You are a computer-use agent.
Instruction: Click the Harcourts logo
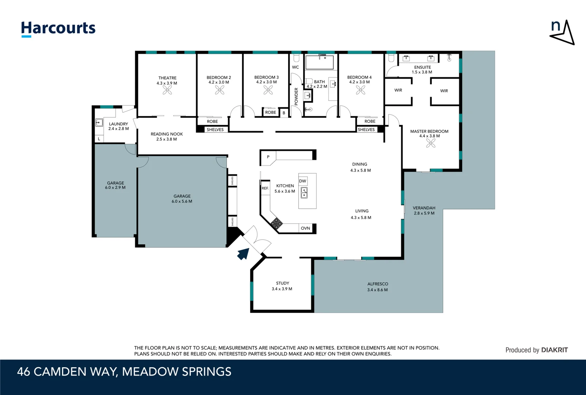pos(58,29)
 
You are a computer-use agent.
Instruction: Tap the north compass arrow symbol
pos(562,33)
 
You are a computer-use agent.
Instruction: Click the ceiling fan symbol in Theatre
pos(167,90)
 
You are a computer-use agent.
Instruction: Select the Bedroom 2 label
pos(219,78)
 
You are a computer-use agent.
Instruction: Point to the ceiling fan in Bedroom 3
pos(268,90)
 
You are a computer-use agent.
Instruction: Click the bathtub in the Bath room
pos(320,62)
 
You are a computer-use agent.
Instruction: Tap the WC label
pos(295,67)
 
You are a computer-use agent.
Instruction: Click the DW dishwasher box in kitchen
pos(303,181)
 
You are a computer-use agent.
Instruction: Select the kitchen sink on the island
pos(304,193)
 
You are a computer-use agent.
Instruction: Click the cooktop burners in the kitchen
pos(276,223)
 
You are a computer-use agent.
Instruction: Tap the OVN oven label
pos(305,228)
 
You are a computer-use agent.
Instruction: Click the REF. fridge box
pos(265,188)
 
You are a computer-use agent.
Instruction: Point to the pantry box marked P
pos(268,157)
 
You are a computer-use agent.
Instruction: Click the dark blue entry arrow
pos(243,253)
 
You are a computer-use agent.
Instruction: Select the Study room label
pos(282,283)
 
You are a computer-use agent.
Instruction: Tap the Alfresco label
pos(378,284)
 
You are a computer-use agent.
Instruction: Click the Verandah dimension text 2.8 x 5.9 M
pos(424,213)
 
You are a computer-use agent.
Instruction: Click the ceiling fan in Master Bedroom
pos(431,143)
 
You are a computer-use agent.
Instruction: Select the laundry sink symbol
pos(99,123)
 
